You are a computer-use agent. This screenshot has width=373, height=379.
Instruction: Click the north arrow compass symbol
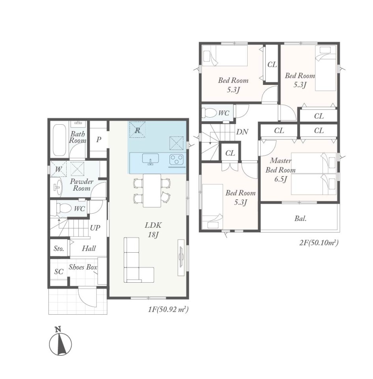point(60,343)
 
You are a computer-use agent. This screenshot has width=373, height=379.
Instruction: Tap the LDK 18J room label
point(153,230)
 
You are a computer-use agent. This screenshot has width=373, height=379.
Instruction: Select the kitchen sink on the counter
point(150,159)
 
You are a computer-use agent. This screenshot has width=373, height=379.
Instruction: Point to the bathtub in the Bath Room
point(60,140)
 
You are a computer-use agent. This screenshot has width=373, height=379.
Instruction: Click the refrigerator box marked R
point(137,129)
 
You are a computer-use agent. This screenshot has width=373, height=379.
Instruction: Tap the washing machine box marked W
point(58,169)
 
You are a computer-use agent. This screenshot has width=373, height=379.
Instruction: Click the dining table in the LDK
point(152,190)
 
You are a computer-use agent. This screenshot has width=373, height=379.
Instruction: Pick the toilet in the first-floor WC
point(63,208)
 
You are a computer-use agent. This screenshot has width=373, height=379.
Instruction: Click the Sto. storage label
point(59,248)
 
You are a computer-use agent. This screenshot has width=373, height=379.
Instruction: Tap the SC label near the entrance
point(59,272)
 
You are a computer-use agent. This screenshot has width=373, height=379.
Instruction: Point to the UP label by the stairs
point(95,228)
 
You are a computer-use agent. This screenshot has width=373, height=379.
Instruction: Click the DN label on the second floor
point(242,132)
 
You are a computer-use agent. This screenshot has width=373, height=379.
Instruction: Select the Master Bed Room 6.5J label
point(280,170)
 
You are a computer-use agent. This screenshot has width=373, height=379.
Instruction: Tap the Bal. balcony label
point(300,218)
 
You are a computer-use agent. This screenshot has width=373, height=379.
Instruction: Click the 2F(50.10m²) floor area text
point(319,242)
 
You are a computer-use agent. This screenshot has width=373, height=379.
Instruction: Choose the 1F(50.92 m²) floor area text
point(168,310)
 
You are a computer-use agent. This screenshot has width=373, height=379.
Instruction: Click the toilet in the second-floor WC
point(209,113)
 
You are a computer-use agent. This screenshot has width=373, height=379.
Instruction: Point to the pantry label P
point(99,139)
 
